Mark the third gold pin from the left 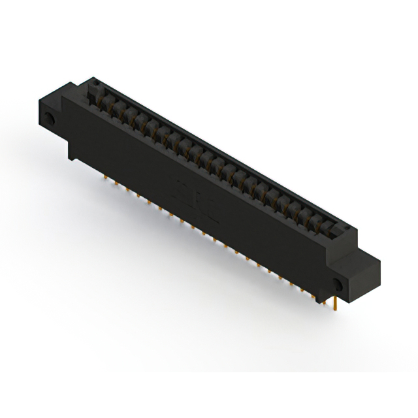(128, 190)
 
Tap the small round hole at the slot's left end (93, 84)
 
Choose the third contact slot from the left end (120, 110)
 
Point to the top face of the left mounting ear (56, 98)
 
